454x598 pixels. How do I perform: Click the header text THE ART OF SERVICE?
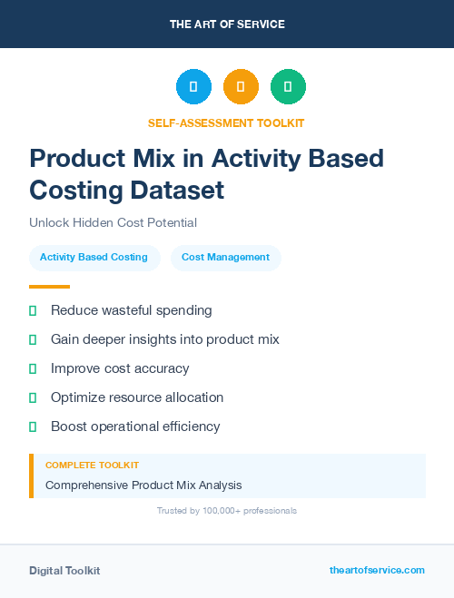pos(227,25)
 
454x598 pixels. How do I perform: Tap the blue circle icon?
pos(193,87)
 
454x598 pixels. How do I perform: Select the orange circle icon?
pos(241,87)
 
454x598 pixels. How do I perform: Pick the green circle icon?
pos(288,87)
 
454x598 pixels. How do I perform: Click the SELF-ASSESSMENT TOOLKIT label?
pos(226,123)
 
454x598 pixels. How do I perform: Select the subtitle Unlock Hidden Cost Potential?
pos(113,222)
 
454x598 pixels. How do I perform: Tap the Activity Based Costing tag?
pos(94,258)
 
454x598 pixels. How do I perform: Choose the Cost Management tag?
pos(225,258)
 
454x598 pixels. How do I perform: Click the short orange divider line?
pos(49,287)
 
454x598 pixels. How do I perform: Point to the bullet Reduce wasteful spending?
pos(131,310)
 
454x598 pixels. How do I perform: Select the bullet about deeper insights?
pos(164,339)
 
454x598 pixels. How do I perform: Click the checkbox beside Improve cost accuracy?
pos(33,368)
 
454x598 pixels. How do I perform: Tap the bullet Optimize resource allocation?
pos(136,397)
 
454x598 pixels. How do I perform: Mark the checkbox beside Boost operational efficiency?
pos(33,426)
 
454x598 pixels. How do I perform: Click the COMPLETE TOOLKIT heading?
pos(92,465)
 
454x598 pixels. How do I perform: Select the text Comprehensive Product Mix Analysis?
pos(143,485)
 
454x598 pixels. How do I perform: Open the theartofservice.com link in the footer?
pos(377,570)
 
